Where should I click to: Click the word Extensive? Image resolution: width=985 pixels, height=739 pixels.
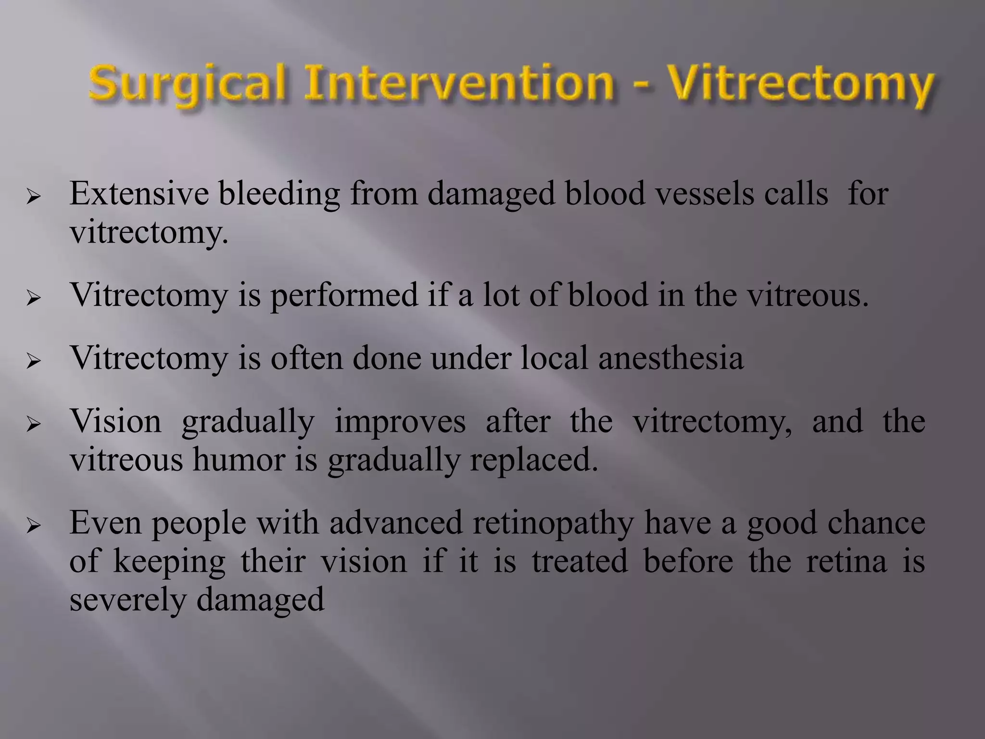point(139,194)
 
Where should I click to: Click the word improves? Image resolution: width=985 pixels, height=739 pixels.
point(400,422)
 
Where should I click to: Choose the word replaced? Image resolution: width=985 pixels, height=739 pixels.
point(534,460)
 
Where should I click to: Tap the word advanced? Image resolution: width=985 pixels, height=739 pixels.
point(396,523)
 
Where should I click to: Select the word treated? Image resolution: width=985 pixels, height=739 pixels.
point(580,561)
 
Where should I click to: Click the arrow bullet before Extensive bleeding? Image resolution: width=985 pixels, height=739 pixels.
point(34,197)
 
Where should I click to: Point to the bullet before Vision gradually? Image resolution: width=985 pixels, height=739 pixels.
point(34,424)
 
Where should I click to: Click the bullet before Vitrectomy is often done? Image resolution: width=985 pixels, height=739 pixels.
point(34,361)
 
